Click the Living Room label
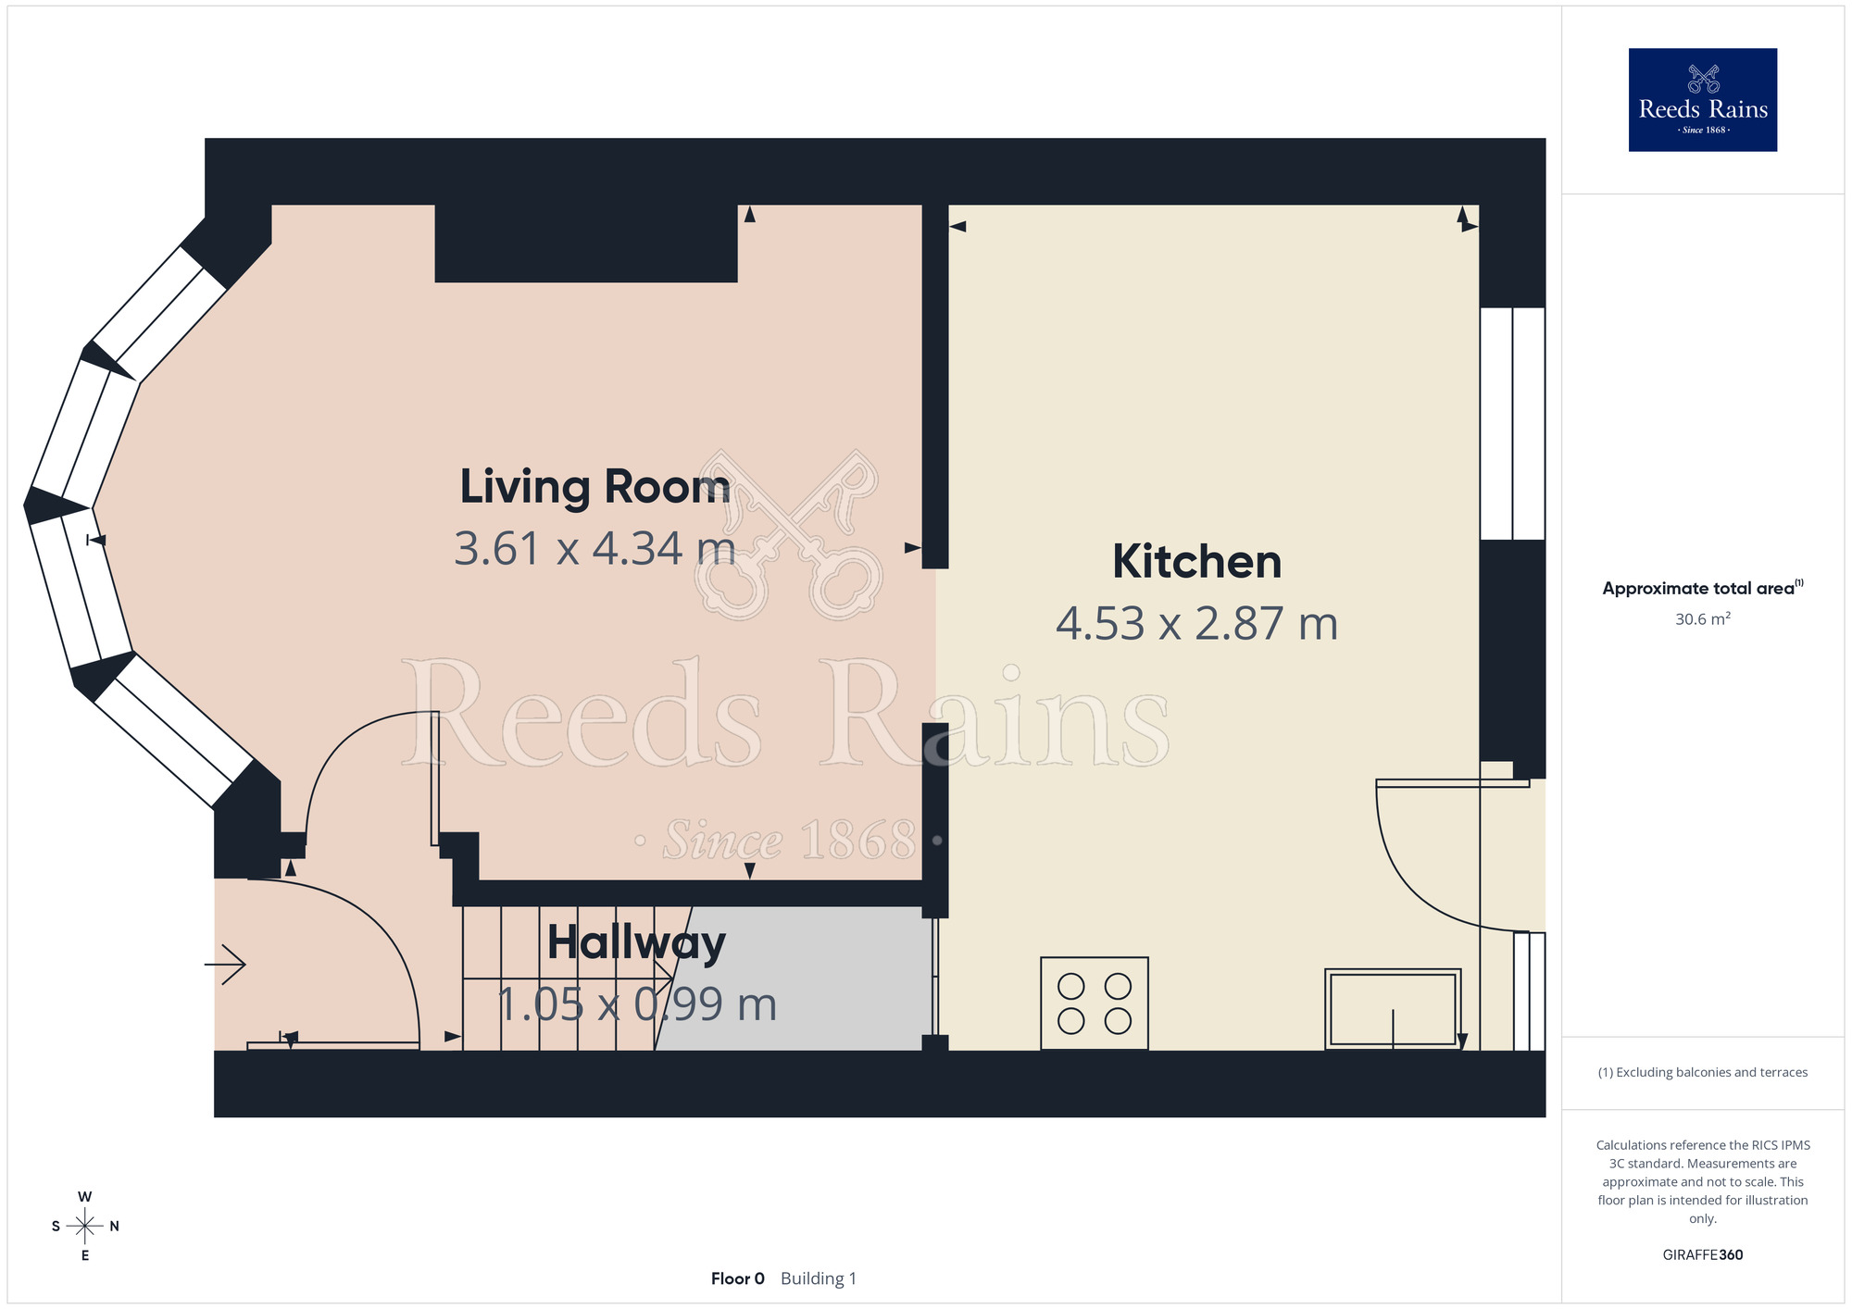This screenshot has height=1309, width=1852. (594, 487)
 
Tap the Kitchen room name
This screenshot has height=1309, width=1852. (1196, 562)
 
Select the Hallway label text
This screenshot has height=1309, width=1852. (636, 944)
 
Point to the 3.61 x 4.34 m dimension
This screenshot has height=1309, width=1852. (594, 548)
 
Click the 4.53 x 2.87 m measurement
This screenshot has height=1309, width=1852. (1196, 624)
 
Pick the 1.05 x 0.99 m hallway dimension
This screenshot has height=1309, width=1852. (636, 1004)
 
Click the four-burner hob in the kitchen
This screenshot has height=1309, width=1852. (1095, 1004)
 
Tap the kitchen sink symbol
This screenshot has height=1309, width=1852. (1393, 1009)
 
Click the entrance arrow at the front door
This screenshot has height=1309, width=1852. (225, 965)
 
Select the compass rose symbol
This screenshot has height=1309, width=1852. (85, 1227)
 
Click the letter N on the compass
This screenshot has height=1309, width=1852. (114, 1227)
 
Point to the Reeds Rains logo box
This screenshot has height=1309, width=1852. (1703, 100)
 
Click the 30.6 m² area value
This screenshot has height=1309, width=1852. (1703, 618)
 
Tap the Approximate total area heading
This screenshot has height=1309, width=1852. (1703, 588)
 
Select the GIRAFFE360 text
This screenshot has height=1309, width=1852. (1703, 1255)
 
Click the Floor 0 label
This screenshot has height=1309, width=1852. (738, 1278)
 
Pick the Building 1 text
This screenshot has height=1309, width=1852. (819, 1278)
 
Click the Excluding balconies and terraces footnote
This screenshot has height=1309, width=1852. (1703, 1072)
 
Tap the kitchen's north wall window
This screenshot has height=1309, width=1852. (1512, 423)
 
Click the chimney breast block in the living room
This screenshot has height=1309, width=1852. (586, 243)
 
